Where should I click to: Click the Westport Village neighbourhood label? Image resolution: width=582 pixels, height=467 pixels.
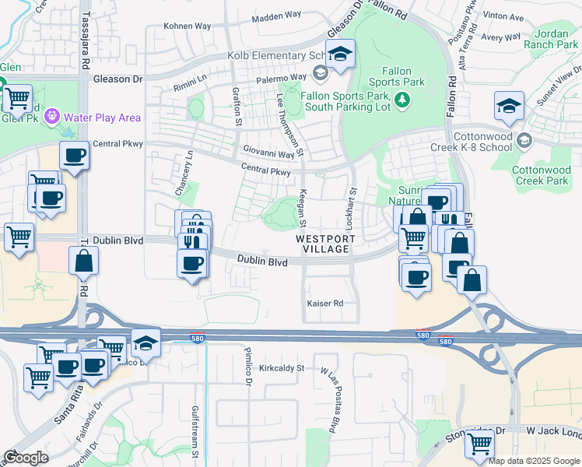click(x=325, y=244)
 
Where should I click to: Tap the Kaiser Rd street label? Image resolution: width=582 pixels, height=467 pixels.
click(x=325, y=303)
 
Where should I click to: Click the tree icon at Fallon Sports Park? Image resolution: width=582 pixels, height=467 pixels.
click(x=402, y=99)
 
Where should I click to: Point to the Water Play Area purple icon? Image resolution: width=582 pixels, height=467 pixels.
click(x=52, y=118)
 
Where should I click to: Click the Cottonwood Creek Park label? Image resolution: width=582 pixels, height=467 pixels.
click(x=546, y=175)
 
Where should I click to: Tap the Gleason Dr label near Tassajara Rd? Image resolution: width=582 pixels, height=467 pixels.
click(x=117, y=79)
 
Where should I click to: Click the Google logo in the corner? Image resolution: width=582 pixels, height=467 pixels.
click(x=26, y=458)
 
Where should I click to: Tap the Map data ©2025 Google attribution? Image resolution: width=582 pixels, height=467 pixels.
click(x=534, y=461)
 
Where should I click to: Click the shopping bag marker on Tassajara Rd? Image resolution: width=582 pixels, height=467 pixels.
click(x=83, y=262)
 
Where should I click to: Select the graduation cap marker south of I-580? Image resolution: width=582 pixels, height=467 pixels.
click(x=145, y=342)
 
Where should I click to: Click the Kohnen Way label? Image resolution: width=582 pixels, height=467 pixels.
click(x=187, y=26)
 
